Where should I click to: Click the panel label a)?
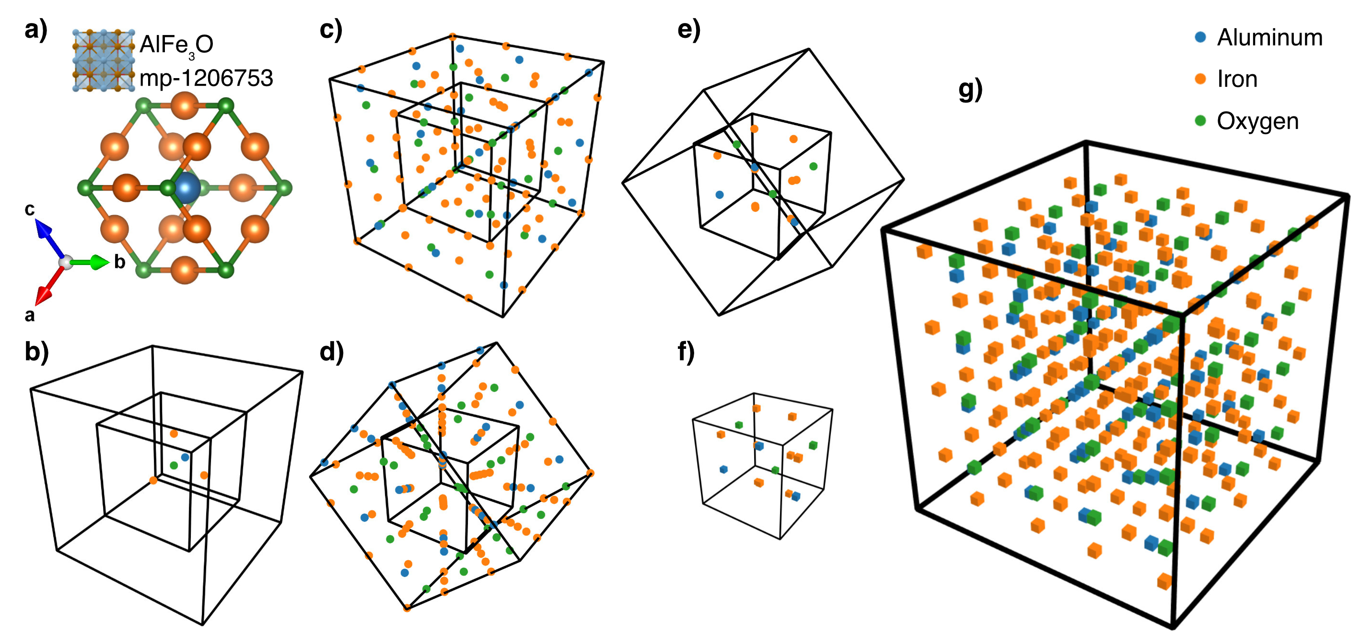pos(36,30)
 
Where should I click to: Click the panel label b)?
pos(36,352)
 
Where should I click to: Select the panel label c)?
pos(331,30)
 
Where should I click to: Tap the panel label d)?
pos(331,352)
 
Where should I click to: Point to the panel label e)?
pos(688,30)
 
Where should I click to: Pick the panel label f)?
pos(686,352)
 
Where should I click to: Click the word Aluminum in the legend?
pos(1269,37)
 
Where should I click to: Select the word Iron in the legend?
pos(1237,79)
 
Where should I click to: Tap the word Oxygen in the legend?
pos(1257,122)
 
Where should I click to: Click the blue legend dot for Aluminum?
pos(1200,37)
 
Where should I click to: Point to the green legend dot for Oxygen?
pos(1200,121)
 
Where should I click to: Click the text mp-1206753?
pos(206,78)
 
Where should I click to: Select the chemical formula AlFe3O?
pos(176,45)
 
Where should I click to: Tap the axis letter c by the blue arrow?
pos(30,210)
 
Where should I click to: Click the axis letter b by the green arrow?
pos(120,262)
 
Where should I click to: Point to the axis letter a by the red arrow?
pos(30,315)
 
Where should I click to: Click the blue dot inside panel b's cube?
pos(185,457)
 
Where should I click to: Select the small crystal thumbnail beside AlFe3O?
pos(103,61)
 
